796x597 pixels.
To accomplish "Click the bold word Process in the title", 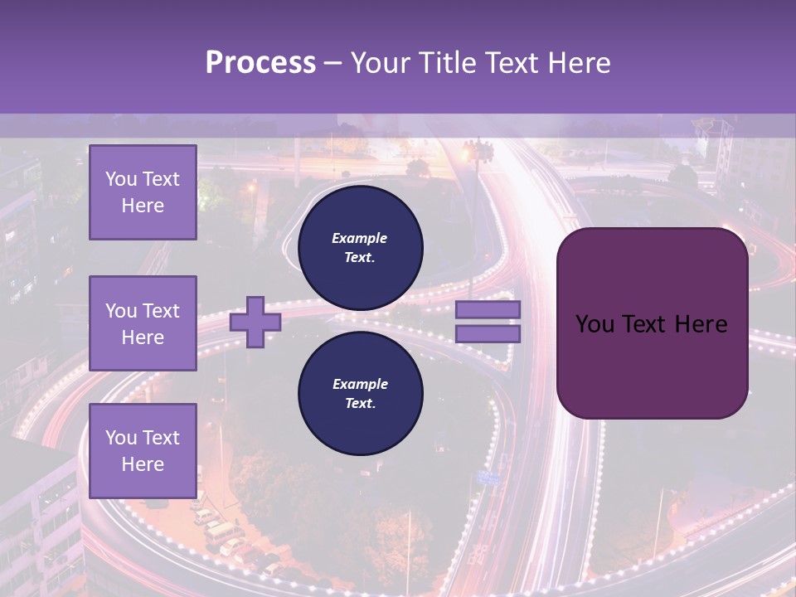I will [260, 63].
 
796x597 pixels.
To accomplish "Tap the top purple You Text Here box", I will [143, 192].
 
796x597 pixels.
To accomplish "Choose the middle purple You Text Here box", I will [143, 323].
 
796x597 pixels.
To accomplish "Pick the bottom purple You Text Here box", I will [143, 451].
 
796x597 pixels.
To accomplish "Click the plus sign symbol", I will [255, 322].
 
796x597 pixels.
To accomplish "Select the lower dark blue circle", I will [360, 393].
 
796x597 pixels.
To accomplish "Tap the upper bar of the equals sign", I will [488, 309].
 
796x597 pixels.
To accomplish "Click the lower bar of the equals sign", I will [488, 333].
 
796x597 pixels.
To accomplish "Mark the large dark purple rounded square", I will [652, 323].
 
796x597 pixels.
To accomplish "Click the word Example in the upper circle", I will [360, 238].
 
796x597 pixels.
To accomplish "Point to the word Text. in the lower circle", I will [360, 404].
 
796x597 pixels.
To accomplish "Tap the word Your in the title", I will [378, 63].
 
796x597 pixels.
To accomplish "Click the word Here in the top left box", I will [143, 206].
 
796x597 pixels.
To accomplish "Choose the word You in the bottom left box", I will [120, 438].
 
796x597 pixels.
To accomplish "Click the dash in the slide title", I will [333, 63].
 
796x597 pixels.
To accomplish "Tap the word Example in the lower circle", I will [360, 384].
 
